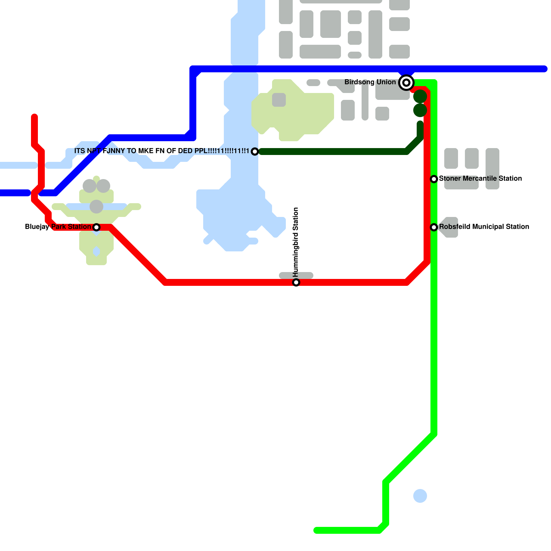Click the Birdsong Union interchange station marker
406,83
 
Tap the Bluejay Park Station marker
96,227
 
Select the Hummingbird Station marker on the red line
296,282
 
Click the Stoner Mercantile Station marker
434,179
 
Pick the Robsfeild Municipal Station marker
434,227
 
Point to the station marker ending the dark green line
255,152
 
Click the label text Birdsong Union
370,82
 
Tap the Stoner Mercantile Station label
480,178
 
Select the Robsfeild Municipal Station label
484,227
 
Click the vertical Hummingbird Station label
296,242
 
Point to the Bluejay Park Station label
58,227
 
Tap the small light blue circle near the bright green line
420,496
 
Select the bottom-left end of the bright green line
316,530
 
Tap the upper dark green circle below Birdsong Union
420,97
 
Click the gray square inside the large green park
279,100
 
